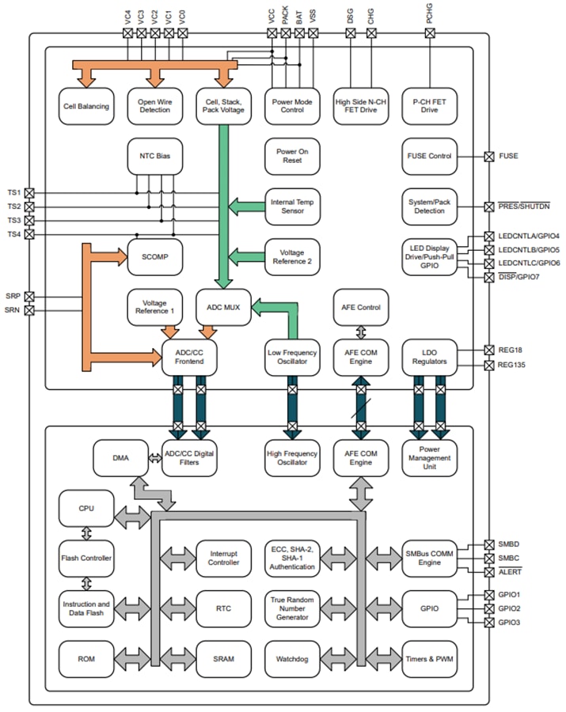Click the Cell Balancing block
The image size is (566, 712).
coord(85,106)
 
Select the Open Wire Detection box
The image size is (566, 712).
coord(154,106)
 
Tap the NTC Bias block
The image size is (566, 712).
coord(154,157)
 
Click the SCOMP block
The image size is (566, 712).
coord(154,256)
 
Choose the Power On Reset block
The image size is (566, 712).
coord(292,157)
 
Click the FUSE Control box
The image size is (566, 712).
coord(429,157)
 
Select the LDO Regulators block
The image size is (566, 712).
coord(429,357)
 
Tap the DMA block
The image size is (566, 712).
coord(120,458)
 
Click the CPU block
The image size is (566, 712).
coord(85,509)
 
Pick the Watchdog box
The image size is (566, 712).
coord(292,658)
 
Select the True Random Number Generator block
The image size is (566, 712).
coord(292,608)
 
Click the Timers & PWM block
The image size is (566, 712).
coord(429,658)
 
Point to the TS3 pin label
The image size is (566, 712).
coord(14,221)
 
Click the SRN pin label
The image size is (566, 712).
coord(13,310)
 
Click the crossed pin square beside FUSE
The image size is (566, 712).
coord(488,157)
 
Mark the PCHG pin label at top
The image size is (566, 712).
coord(429,13)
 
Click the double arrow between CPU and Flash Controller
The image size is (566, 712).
coord(85,533)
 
